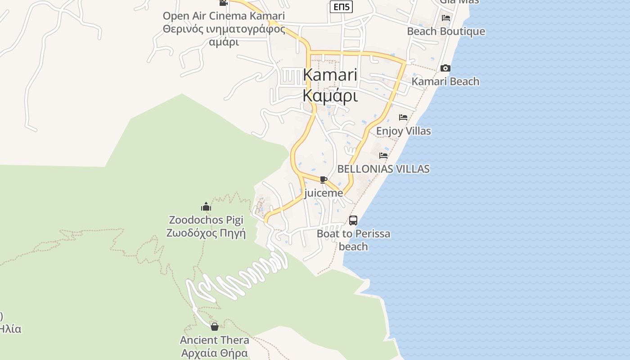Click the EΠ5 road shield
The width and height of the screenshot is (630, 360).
pyautogui.click(x=341, y=7)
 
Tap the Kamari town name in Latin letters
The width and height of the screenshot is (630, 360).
pyautogui.click(x=330, y=75)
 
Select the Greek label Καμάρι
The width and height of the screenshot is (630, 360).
pyautogui.click(x=330, y=96)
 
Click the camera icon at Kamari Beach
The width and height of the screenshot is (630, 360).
pyautogui.click(x=445, y=68)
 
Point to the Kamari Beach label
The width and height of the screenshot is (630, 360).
pyautogui.click(x=445, y=81)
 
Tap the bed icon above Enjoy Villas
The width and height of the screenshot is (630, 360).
pyautogui.click(x=403, y=117)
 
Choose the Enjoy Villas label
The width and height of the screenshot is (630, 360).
pyautogui.click(x=403, y=131)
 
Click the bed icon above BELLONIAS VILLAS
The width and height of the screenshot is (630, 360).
pyautogui.click(x=383, y=156)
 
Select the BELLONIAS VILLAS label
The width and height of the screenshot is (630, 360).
pyautogui.click(x=383, y=169)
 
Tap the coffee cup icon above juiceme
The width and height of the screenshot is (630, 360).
pyautogui.click(x=323, y=180)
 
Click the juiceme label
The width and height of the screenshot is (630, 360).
pyautogui.click(x=323, y=193)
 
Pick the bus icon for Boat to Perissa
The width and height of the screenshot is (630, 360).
pyautogui.click(x=353, y=220)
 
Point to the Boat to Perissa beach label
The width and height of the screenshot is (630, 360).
pyautogui.click(x=353, y=240)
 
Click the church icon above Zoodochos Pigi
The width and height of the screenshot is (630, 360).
pyautogui.click(x=206, y=207)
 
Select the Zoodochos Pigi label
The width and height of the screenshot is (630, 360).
pyautogui.click(x=206, y=220)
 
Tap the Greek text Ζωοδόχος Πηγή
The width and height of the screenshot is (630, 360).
pyautogui.click(x=206, y=233)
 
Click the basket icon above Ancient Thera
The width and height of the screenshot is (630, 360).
pyautogui.click(x=215, y=327)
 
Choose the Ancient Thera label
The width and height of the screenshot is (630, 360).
pyautogui.click(x=215, y=340)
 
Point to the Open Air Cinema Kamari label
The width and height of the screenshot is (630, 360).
pyautogui.click(x=224, y=16)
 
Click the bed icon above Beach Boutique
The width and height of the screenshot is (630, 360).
pyautogui.click(x=446, y=18)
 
